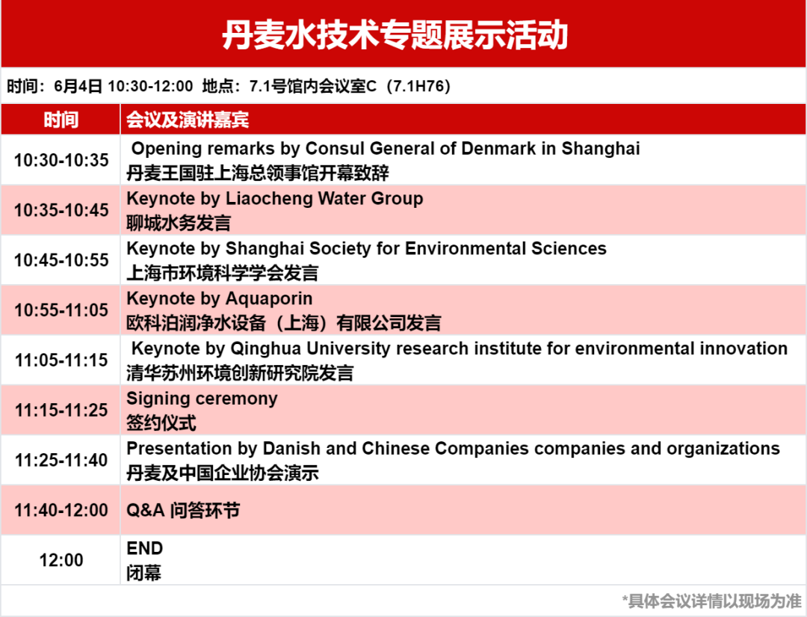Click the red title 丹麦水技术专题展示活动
[395, 35]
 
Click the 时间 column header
[61, 120]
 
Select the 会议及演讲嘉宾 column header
[188, 120]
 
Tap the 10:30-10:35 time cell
[61, 160]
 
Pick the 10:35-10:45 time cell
[61, 210]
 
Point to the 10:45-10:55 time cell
[61, 260]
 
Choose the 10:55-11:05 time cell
[61, 310]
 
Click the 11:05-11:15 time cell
[61, 360]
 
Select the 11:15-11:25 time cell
[61, 410]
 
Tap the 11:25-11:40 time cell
[61, 460]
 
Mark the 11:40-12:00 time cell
[61, 510]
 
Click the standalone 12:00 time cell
[61, 560]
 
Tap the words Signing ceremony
[202, 399]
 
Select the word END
[145, 548]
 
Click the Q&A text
[146, 510]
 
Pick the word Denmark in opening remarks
[498, 148]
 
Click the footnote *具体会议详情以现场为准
[712, 601]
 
